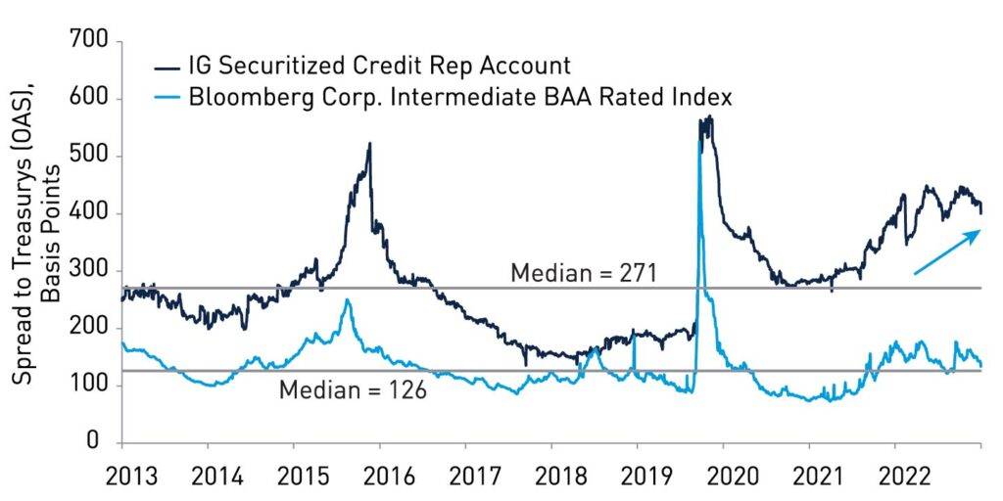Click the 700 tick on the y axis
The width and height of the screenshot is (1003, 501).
pos(90,42)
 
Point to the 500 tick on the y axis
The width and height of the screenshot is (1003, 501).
pos(90,157)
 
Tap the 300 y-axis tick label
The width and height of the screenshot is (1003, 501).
pos(90,271)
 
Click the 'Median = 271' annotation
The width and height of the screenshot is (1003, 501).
pos(584,273)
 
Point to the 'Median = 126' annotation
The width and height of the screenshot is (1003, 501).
pos(353,390)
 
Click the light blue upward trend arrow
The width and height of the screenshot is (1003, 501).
pos(946,251)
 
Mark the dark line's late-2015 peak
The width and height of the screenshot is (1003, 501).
pos(369,145)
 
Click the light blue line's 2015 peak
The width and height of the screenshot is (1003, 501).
pos(347,300)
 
